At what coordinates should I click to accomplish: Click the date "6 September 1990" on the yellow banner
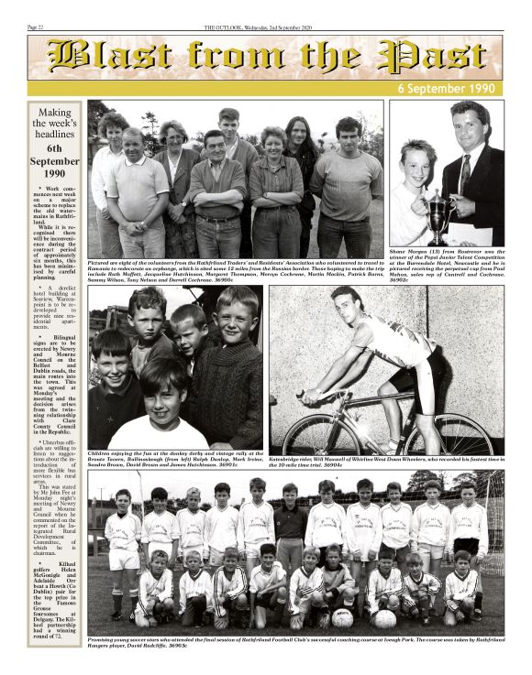point(449,89)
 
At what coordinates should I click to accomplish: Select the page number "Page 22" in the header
point(39,28)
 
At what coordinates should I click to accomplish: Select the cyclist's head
point(347,302)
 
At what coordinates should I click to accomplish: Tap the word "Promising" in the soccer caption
point(104,640)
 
